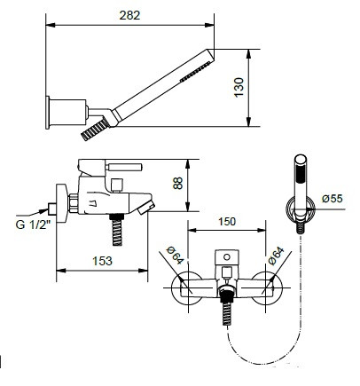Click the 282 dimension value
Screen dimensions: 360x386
tap(129, 15)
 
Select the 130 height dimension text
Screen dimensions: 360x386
tap(239, 87)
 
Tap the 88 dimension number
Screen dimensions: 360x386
tap(177, 183)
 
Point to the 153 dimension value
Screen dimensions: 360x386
tap(103, 261)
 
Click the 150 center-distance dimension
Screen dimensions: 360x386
tap(227, 221)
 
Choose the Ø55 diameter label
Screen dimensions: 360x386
tap(333, 198)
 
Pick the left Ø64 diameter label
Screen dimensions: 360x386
tap(175, 256)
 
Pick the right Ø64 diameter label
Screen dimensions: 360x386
tap(277, 256)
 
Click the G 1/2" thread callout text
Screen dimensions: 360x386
tap(31, 225)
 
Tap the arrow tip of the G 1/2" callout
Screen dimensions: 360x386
tap(48, 209)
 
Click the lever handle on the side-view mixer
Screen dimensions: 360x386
tap(124, 167)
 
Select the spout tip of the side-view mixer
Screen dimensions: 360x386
tap(146, 208)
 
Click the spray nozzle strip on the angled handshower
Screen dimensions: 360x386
tap(196, 71)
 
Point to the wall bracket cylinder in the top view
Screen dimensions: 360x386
tap(68, 113)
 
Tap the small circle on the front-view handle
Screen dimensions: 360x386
tap(227, 256)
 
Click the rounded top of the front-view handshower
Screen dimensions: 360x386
tap(301, 159)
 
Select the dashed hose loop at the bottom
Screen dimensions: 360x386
tap(264, 348)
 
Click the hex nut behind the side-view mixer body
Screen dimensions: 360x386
tap(74, 203)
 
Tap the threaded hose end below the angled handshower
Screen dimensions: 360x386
tap(94, 129)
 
